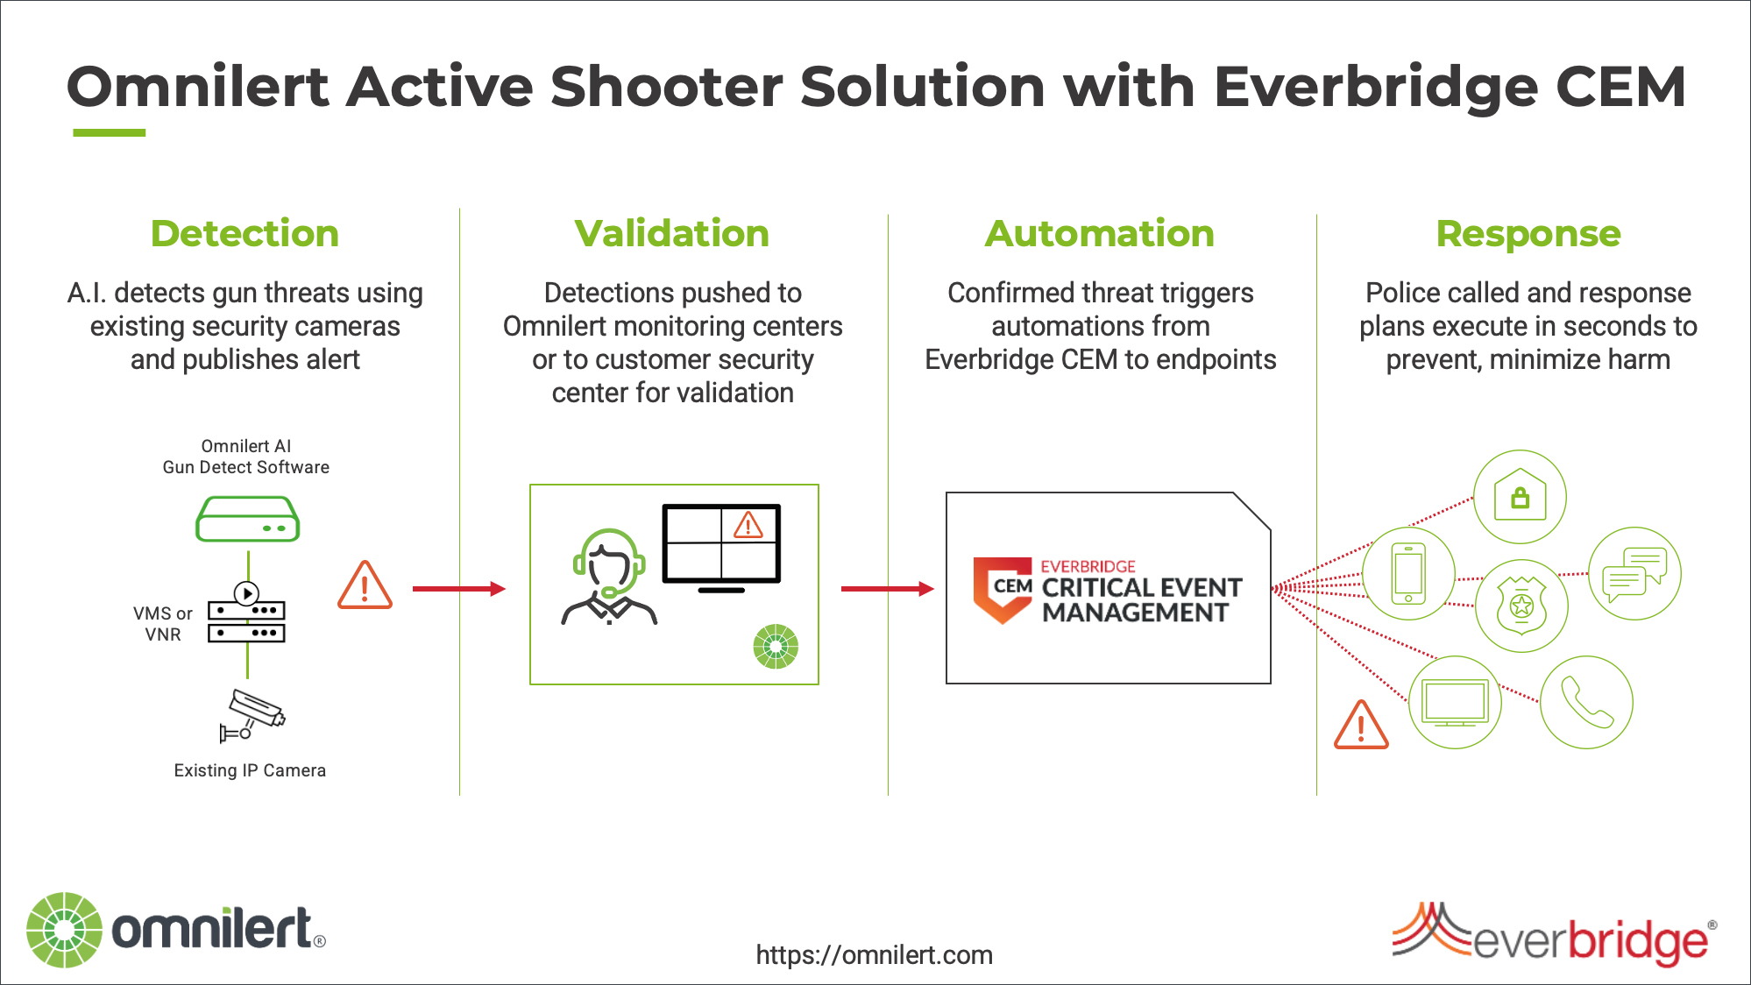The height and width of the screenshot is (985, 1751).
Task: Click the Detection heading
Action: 245,234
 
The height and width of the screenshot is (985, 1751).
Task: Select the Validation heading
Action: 672,234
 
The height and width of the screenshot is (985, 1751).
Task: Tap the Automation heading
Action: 1100,234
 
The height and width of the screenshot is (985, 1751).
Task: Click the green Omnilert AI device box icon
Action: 248,519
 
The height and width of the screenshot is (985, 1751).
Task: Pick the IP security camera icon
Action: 252,715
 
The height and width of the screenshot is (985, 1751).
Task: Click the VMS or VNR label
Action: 163,624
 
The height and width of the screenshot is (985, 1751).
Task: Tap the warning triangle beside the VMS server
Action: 365,585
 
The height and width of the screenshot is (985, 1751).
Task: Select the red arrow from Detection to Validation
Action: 459,589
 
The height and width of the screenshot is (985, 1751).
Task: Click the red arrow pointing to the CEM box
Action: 888,589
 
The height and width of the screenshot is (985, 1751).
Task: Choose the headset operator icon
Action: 609,577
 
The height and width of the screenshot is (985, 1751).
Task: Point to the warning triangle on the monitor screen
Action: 748,525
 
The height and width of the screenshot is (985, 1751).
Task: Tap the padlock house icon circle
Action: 1520,497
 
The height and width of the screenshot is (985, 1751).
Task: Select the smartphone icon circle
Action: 1409,574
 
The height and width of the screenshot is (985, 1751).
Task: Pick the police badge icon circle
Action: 1522,606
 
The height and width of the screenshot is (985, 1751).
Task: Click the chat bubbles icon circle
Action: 1635,573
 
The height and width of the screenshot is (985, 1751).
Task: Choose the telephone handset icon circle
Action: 1587,702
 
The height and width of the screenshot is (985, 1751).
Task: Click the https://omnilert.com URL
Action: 875,955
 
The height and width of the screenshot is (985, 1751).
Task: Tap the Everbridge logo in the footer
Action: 1555,934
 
